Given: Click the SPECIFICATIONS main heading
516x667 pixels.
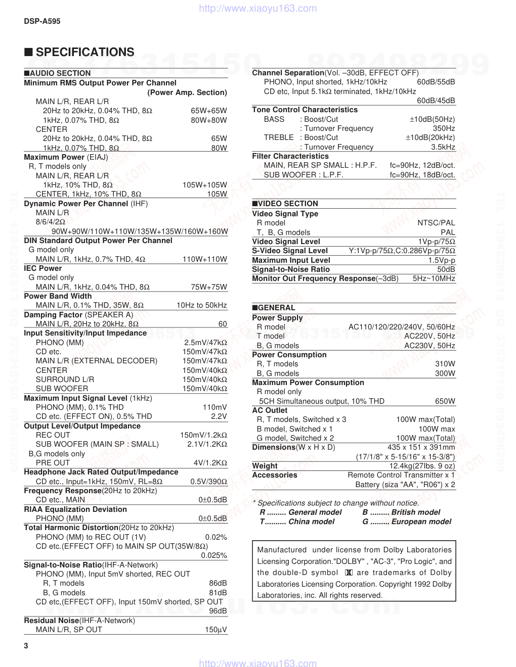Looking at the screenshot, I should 84,52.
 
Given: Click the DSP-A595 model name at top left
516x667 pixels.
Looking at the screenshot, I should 42,21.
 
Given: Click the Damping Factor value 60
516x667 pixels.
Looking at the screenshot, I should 223,324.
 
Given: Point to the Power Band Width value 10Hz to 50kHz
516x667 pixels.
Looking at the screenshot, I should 202,305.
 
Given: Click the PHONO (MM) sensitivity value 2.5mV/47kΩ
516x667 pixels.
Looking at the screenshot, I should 205,343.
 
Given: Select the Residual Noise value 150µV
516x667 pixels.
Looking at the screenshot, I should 216,630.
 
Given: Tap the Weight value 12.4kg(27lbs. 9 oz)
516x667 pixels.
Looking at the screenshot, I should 422,466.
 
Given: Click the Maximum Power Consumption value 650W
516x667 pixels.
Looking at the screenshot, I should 445,401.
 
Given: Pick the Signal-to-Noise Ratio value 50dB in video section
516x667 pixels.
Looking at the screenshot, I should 446,269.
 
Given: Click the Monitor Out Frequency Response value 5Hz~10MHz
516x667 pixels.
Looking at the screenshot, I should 434,278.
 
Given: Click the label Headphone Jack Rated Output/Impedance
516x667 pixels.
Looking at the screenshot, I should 101,472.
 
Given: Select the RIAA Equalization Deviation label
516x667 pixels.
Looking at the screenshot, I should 75,509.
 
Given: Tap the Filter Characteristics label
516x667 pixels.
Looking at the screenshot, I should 290,156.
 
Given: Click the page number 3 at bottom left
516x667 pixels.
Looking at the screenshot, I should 26,646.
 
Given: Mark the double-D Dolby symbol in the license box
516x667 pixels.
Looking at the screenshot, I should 348,573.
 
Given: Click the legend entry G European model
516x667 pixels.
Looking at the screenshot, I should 407,521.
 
